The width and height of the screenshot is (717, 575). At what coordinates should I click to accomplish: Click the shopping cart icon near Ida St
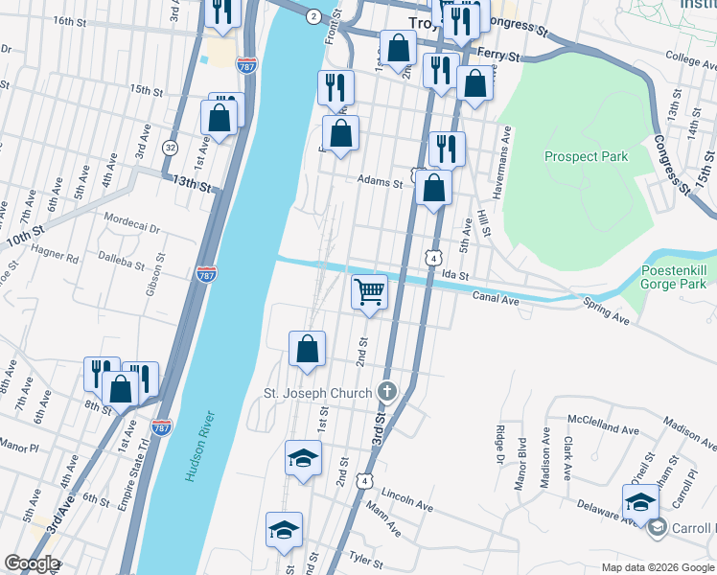point(370,291)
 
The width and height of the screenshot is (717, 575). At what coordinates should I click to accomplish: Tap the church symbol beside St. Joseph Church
point(386,391)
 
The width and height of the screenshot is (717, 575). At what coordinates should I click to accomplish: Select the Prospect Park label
point(585,156)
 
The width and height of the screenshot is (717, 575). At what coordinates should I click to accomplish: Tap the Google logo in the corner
point(32,563)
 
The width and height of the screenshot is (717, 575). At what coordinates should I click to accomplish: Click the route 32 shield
point(170,148)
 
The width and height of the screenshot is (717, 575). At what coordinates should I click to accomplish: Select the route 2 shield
point(312,16)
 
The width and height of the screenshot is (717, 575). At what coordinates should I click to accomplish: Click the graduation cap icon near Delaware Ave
point(640,500)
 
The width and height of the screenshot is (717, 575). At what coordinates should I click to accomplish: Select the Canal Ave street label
point(496,299)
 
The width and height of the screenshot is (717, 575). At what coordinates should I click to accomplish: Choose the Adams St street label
point(379,180)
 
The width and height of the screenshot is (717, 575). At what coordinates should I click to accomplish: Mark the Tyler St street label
point(365,556)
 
